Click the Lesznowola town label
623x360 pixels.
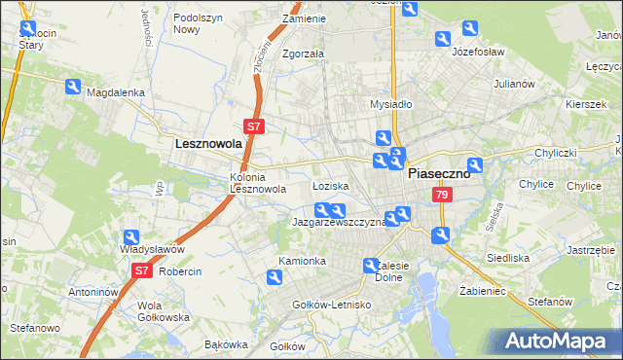(207, 143)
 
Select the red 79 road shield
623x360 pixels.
(442, 197)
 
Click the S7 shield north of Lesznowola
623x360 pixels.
(252, 126)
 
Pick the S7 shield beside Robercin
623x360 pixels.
(141, 270)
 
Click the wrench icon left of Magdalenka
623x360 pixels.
(72, 87)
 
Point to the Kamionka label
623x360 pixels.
(302, 261)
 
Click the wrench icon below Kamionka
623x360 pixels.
(275, 278)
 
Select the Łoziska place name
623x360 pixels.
(330, 185)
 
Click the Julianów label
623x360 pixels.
(514, 84)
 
